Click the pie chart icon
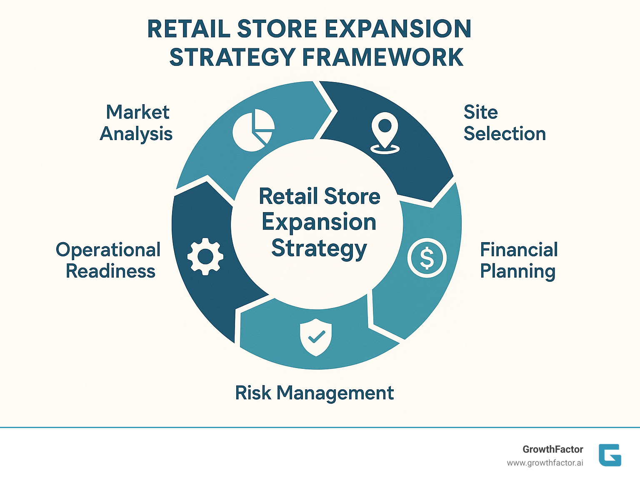[253, 131]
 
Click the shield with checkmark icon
[316, 337]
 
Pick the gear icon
[205, 256]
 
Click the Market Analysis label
[136, 123]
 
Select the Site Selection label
[504, 123]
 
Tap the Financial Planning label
[518, 261]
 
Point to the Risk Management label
[315, 393]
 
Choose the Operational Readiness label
[109, 261]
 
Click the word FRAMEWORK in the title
[382, 58]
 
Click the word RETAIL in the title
[189, 29]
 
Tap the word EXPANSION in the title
[397, 29]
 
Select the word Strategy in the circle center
[319, 248]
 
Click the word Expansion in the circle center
[319, 222]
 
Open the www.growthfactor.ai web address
[545, 463]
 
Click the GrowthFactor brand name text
[552, 449]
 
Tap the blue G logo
[610, 455]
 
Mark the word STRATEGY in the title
[232, 58]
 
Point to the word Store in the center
[352, 196]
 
